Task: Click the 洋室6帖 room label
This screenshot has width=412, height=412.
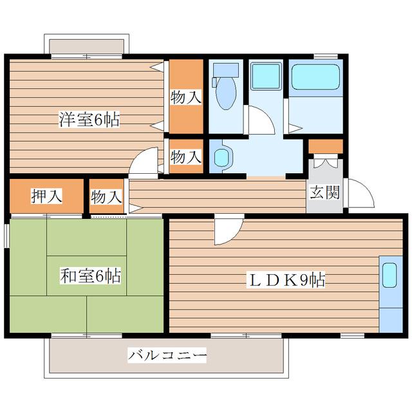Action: pos(89,119)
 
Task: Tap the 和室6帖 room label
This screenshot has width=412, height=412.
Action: pos(90,276)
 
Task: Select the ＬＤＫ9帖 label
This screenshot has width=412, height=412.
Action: pos(286,280)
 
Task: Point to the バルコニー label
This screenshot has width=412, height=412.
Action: pos(167,355)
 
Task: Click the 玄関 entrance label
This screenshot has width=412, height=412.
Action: pos(324,192)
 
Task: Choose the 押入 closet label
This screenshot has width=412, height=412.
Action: pos(47,196)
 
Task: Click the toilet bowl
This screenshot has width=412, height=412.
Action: pos(226,93)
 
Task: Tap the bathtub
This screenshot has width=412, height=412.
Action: pos(316,77)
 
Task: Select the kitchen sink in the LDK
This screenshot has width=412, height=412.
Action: pos(389,275)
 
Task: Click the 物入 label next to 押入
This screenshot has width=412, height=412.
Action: pos(106,197)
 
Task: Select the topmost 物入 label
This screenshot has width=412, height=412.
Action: pos(186,97)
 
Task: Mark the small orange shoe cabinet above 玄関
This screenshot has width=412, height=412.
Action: pos(326,146)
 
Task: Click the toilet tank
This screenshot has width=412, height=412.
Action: pos(226,70)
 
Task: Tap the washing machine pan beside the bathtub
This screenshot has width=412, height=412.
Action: pos(265,76)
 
